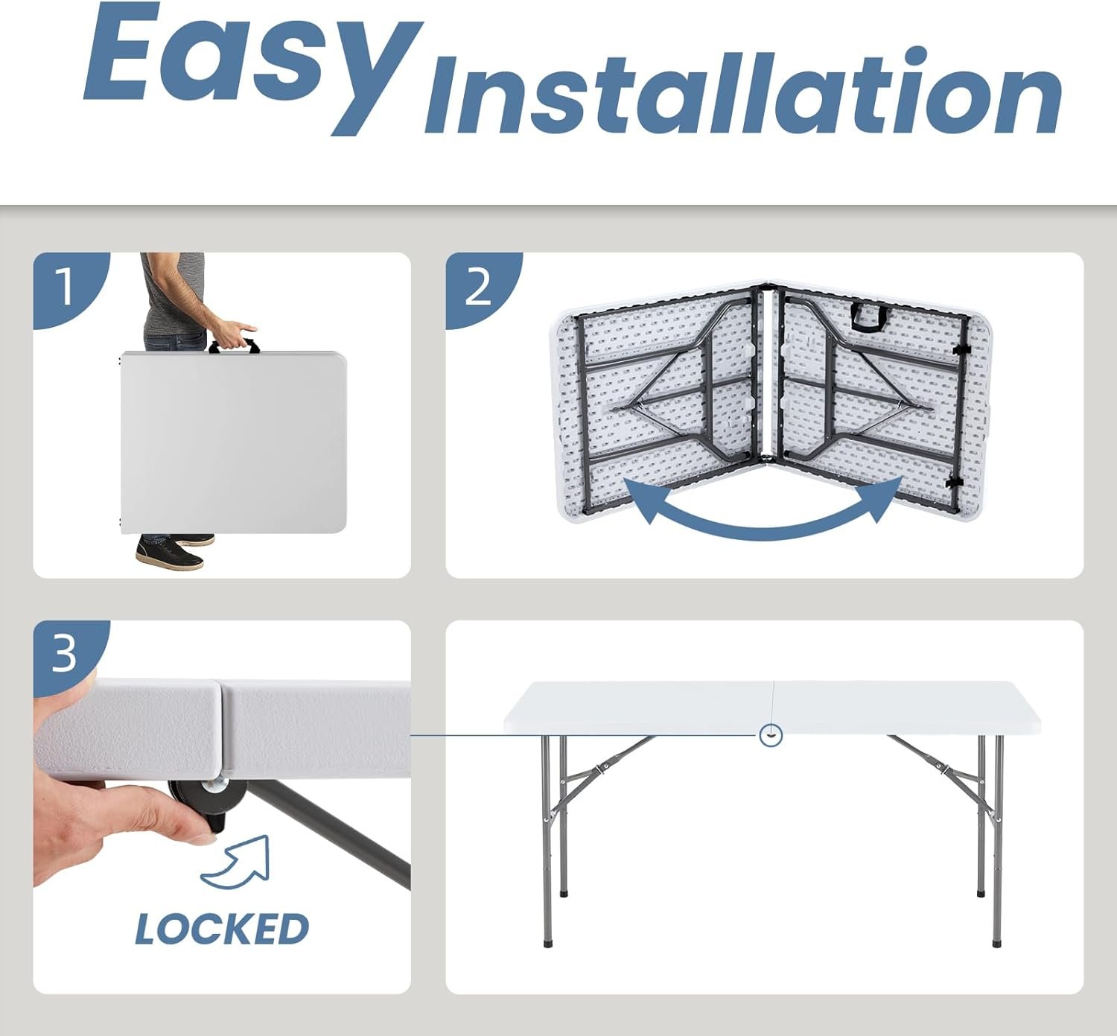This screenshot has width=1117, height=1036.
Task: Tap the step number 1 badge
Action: pyautogui.click(x=66, y=286)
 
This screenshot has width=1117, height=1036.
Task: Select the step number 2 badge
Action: pyautogui.click(x=479, y=287)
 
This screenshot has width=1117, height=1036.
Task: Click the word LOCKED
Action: pyautogui.click(x=222, y=929)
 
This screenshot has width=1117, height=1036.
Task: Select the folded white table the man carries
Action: pyautogui.click(x=233, y=442)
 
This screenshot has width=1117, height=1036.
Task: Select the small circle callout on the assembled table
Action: pyautogui.click(x=770, y=735)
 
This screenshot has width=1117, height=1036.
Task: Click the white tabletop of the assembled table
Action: pyautogui.click(x=771, y=707)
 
